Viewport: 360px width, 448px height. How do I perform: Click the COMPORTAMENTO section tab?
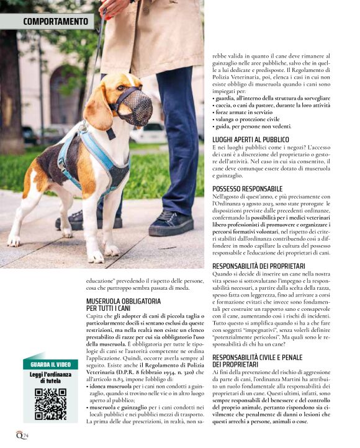tap(55, 22)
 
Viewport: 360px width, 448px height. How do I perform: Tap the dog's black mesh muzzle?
tap(135, 106)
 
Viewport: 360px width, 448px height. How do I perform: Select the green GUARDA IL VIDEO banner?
tap(50, 365)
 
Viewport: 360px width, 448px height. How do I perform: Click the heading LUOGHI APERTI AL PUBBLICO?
tap(250, 140)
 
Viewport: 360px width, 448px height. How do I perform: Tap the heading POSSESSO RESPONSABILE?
tap(247, 188)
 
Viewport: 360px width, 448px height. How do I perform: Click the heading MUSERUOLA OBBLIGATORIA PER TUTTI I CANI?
tap(123, 304)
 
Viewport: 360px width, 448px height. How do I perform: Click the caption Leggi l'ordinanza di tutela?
tap(50, 378)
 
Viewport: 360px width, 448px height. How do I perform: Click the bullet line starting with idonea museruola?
tap(142, 385)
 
